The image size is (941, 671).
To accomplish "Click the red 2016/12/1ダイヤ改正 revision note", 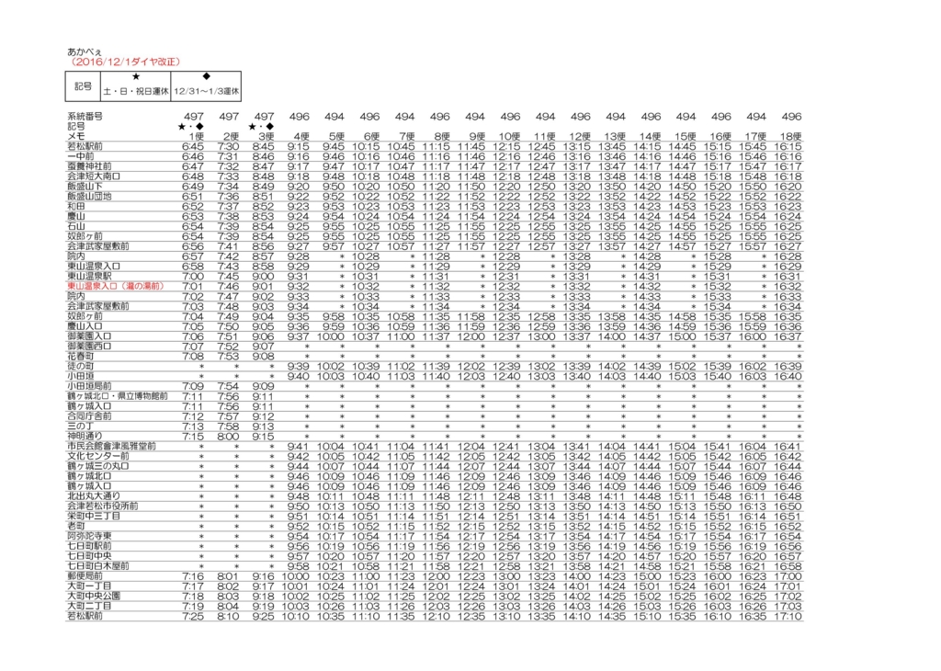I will pyautogui.click(x=126, y=62).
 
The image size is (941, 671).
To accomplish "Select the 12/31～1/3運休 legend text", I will pyautogui.click(x=207, y=92).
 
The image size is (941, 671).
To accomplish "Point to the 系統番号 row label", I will pyautogui.click(x=85, y=117).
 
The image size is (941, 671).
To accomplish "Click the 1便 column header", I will pyautogui.click(x=193, y=136).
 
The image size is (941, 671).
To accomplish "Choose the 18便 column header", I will pyautogui.click(x=790, y=136).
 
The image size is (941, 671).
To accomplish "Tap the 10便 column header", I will pyautogui.click(x=510, y=136).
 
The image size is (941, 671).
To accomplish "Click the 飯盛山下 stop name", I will pyautogui.click(x=85, y=186).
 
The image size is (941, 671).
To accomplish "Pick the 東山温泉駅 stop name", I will pyautogui.click(x=89, y=277).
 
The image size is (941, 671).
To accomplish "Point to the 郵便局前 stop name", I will pyautogui.click(x=85, y=575).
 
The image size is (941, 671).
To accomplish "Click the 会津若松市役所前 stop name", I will pyautogui.click(x=102, y=506).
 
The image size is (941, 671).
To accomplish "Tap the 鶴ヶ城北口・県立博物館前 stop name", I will pyautogui.click(x=117, y=396).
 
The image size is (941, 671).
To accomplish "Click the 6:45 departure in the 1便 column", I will pyautogui.click(x=193, y=146).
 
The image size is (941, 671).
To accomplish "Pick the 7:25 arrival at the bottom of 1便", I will pyautogui.click(x=193, y=616).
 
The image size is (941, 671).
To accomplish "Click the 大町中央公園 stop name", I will pyautogui.click(x=94, y=596).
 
